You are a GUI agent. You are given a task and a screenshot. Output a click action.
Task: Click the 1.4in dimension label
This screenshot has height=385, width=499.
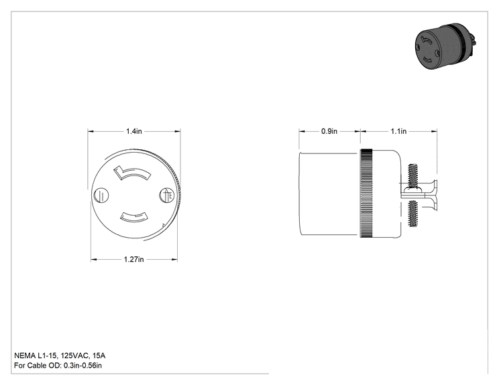tap(134, 131)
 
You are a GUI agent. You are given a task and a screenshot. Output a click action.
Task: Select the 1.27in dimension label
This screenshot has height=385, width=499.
tap(133, 260)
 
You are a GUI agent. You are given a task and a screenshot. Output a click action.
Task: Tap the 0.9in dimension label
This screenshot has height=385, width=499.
tap(329, 131)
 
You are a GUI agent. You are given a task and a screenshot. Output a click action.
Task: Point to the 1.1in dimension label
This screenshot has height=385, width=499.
tap(398, 131)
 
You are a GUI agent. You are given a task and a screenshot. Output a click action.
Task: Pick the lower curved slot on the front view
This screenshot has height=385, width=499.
tap(134, 217)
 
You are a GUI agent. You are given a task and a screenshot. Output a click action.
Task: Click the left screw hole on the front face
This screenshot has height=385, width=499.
tap(101, 195)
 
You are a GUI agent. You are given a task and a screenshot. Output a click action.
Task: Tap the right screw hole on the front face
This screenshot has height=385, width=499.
tap(167, 195)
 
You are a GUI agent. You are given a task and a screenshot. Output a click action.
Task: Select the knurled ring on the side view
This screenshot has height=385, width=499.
tap(366, 194)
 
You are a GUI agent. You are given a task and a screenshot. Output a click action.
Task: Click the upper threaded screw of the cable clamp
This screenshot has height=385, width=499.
tap(412, 176)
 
